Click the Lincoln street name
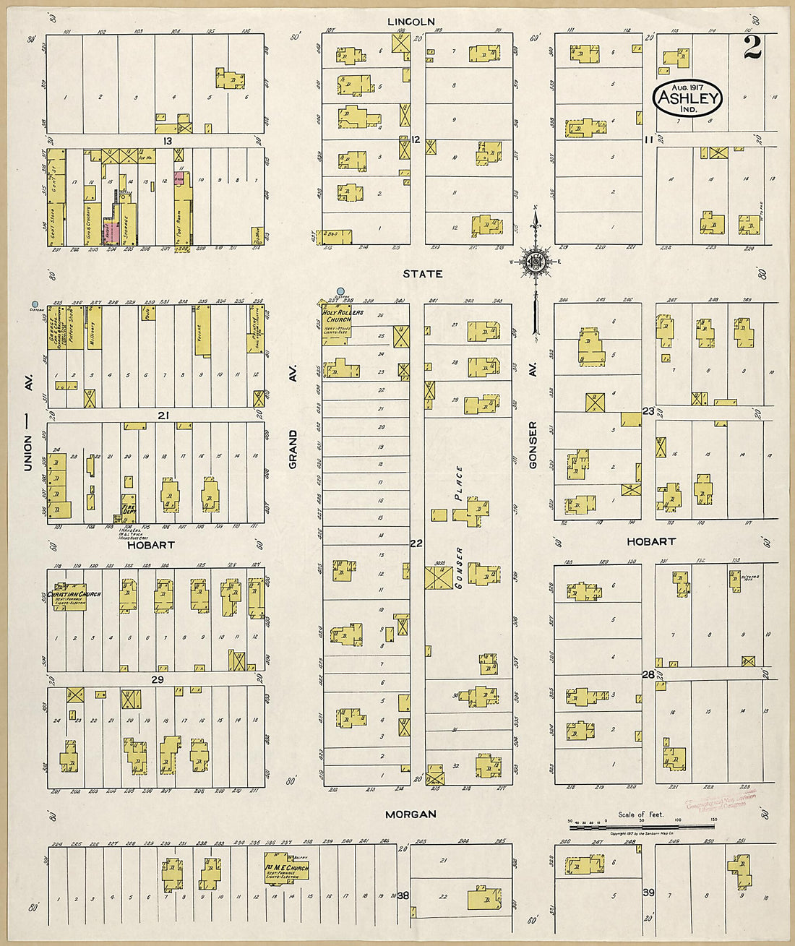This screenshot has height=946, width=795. (x=411, y=22)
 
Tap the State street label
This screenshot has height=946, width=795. (x=423, y=274)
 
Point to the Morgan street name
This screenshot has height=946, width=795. (x=411, y=814)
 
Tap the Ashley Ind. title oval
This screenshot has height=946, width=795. (x=687, y=99)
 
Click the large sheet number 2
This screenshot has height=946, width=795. (x=752, y=48)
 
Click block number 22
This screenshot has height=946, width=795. (x=416, y=543)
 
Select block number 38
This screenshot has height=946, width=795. (x=403, y=895)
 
